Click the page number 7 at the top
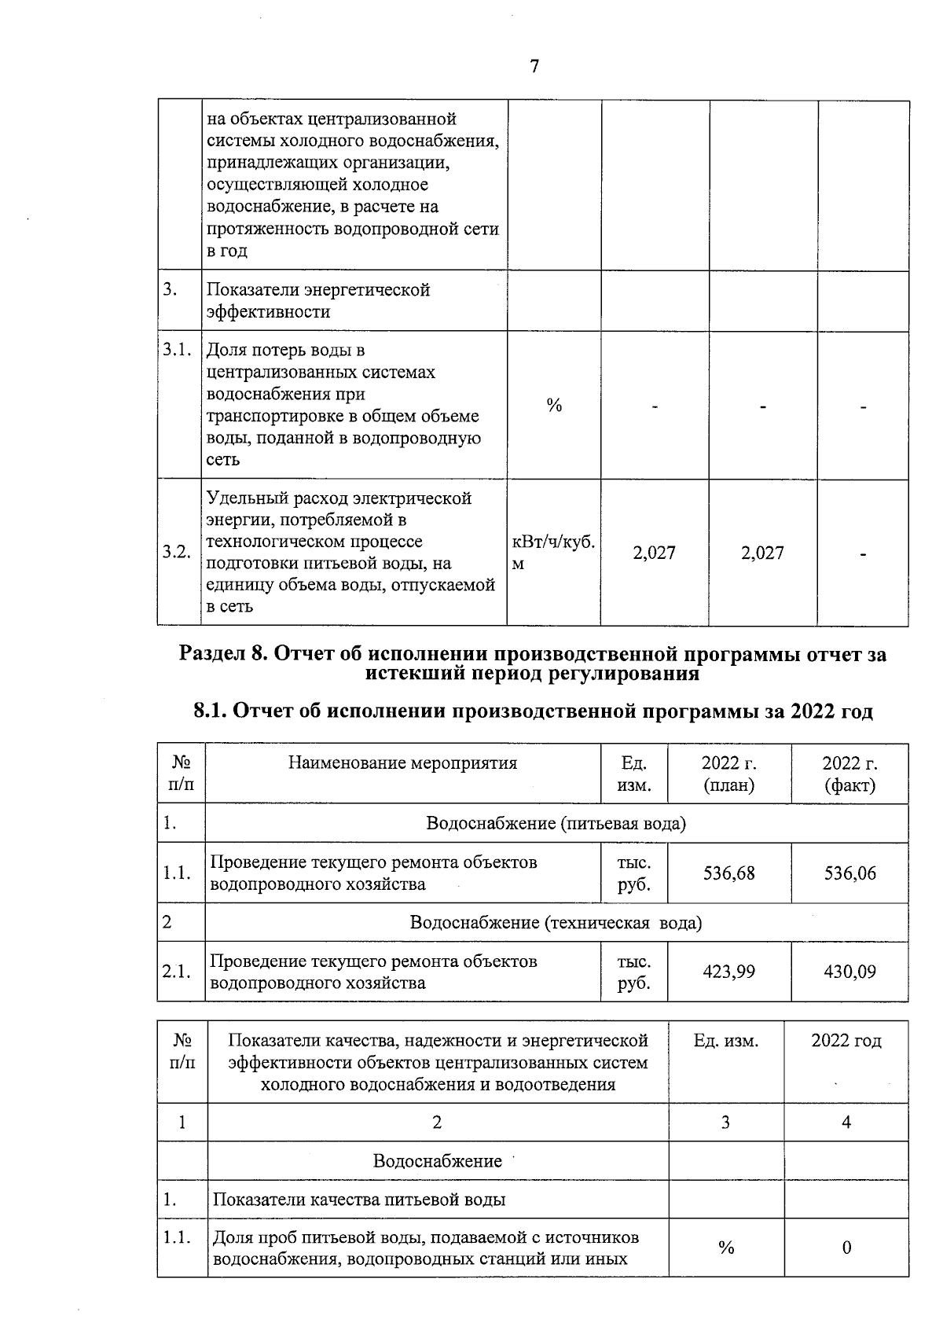(x=534, y=67)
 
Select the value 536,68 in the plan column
(x=728, y=873)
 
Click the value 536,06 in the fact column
(x=849, y=873)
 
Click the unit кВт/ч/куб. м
(x=553, y=553)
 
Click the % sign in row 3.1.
(x=554, y=406)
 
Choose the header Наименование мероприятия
(x=402, y=763)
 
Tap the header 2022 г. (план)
(x=728, y=774)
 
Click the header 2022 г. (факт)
(x=849, y=774)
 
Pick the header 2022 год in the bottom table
(x=846, y=1041)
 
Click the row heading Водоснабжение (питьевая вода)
(x=556, y=823)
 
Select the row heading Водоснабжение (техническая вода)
(x=556, y=922)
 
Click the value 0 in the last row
(x=846, y=1248)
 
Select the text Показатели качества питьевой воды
(x=359, y=1200)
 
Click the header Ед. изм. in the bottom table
(x=725, y=1041)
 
